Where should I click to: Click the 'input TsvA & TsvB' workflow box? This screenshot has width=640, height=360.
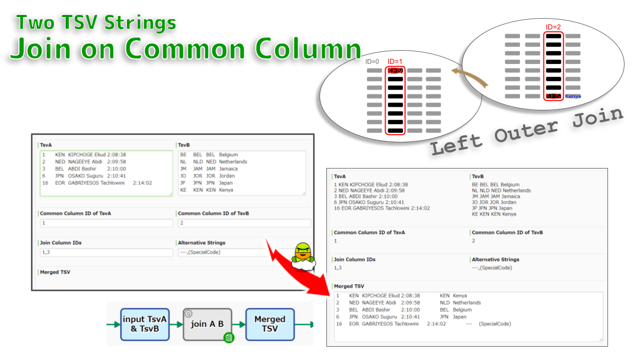pos(145,324)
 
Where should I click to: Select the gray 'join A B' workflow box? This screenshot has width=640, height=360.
pos(207,324)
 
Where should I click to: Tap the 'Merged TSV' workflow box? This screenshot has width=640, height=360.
pos(270,324)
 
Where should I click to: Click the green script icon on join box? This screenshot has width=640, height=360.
pos(228,338)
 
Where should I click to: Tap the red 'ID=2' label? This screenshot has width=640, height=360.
pos(553,27)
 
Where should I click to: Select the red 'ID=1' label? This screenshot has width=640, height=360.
pos(395,61)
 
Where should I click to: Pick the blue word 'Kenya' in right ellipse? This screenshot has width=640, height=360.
pos(573,97)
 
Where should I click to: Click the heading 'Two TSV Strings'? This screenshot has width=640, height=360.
pos(96,23)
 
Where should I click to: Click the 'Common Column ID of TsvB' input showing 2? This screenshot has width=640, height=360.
pos(244,223)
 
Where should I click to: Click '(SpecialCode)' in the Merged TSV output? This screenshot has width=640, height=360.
pos(494,324)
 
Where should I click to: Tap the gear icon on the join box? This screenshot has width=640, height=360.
pos(188,314)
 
